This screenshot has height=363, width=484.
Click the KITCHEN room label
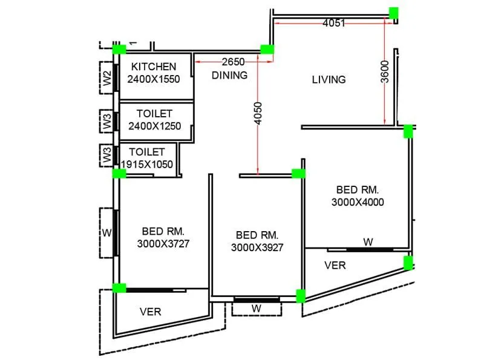click(154, 67)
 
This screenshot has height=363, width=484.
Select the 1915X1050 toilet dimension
click(147, 164)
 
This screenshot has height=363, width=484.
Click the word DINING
click(229, 76)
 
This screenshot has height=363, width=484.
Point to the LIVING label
click(329, 79)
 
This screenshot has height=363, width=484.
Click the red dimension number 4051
click(334, 24)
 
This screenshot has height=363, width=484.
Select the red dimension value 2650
click(234, 62)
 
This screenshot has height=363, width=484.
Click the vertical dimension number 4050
click(258, 114)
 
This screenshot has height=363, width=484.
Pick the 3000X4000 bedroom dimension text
click(358, 202)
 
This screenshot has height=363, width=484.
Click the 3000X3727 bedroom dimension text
click(163, 243)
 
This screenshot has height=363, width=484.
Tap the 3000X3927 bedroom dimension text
click(257, 247)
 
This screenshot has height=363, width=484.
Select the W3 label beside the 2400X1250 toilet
click(107, 123)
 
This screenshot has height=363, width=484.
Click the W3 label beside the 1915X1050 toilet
click(107, 156)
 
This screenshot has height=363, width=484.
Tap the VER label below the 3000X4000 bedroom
click(335, 265)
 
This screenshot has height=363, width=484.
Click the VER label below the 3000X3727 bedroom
click(150, 312)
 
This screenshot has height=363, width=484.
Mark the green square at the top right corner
click(394, 12)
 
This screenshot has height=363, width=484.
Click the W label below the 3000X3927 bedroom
click(257, 309)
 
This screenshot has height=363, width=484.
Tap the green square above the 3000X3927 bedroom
click(299, 174)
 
